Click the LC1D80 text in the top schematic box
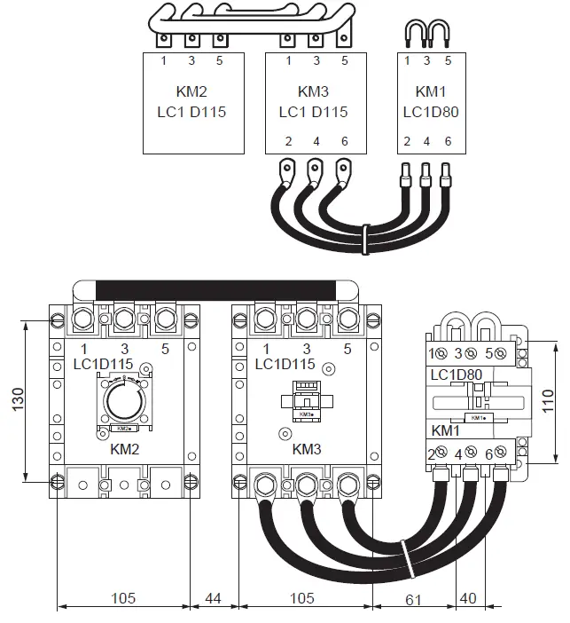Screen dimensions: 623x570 point(427,113)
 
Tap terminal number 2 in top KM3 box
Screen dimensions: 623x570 point(288,142)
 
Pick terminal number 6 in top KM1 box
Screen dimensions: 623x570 point(448,142)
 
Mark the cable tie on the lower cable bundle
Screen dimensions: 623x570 point(403,555)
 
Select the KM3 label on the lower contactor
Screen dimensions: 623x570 point(306,449)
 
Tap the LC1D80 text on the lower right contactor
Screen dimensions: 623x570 point(456,375)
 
